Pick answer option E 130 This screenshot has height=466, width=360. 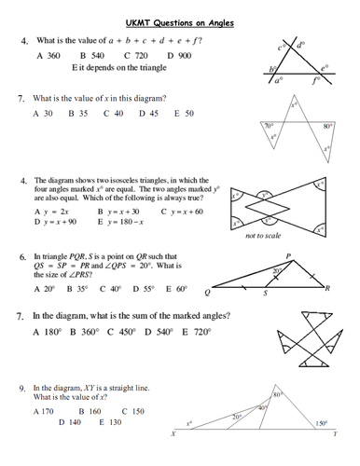110,422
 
